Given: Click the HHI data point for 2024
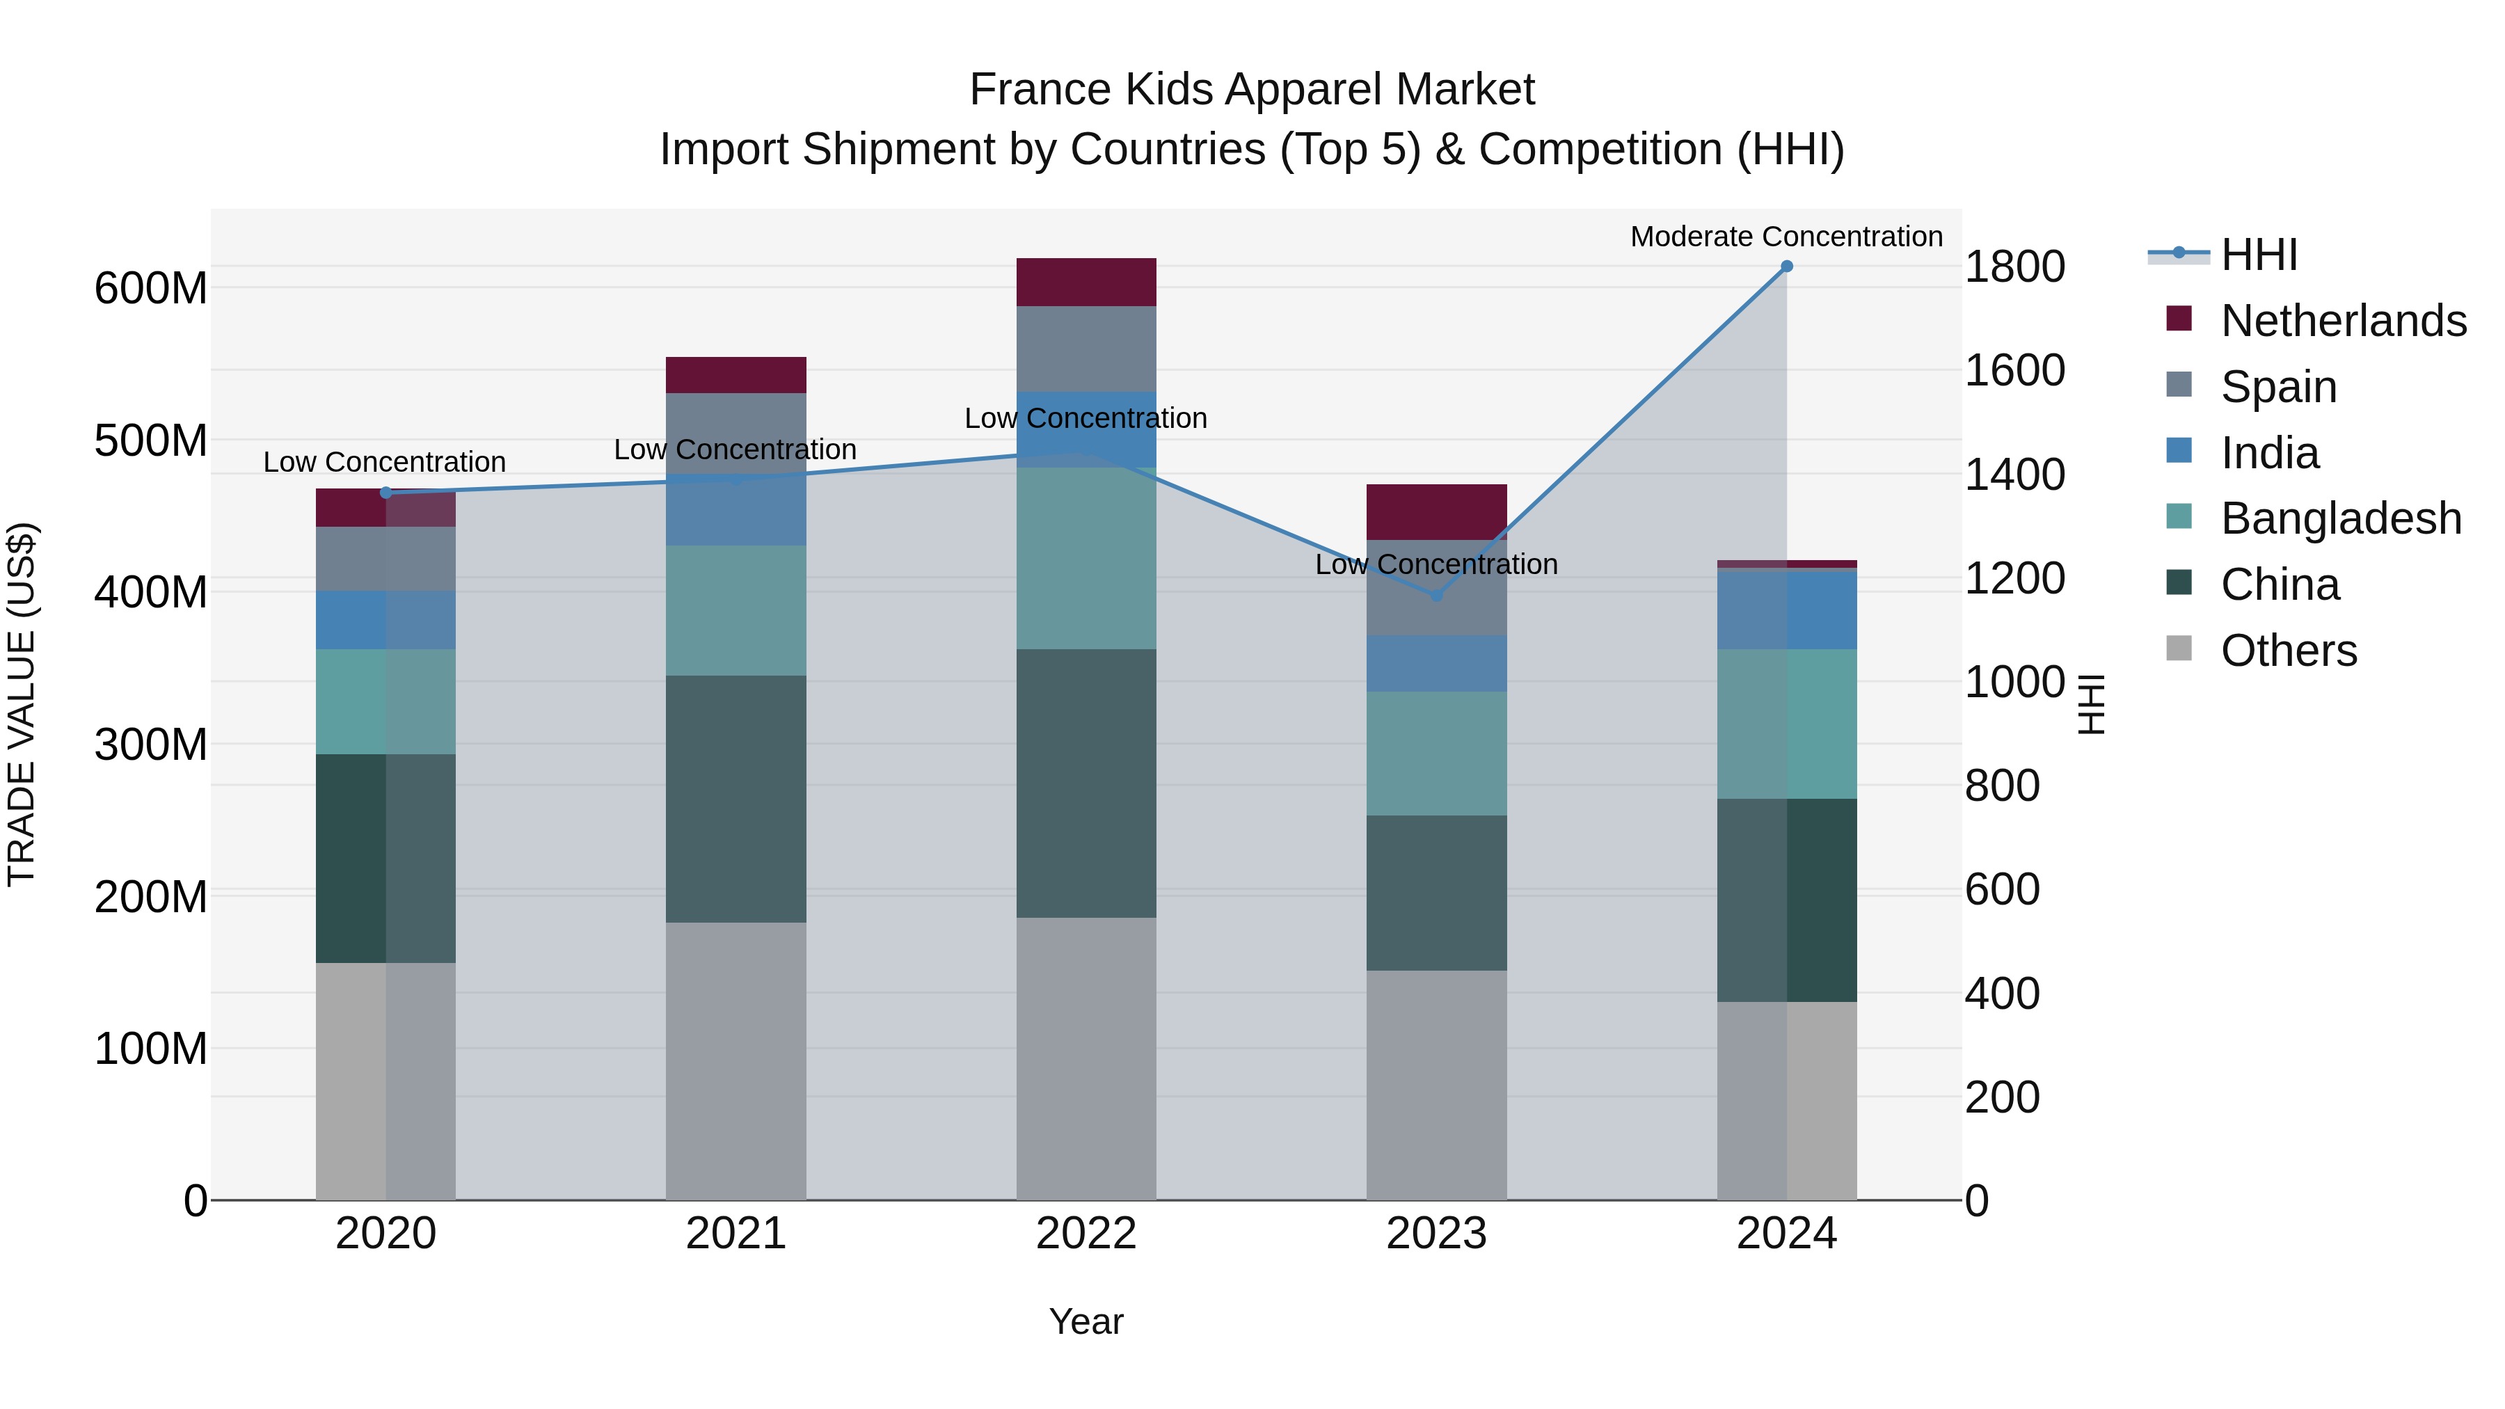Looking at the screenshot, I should [1786, 266].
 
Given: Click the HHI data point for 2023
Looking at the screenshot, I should [1436, 595].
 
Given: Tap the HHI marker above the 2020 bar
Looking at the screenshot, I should [386, 493].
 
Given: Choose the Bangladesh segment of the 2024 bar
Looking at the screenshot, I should [1786, 724].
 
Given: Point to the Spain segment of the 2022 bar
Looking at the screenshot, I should [1086, 349].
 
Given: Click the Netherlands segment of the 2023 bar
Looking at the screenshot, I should [1436, 511].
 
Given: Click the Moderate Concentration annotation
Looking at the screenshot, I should [1786, 237].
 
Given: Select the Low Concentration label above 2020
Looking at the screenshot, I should [384, 462].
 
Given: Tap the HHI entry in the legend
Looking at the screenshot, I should [2258, 255].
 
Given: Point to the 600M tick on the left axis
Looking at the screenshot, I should [151, 289].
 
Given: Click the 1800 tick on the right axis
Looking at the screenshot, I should [2014, 266].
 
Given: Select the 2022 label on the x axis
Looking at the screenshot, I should [1086, 1234].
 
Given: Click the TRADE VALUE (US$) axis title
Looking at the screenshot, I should [22, 704].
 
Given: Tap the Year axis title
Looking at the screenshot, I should [1086, 1321].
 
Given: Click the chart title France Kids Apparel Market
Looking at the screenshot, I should [1252, 90].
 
